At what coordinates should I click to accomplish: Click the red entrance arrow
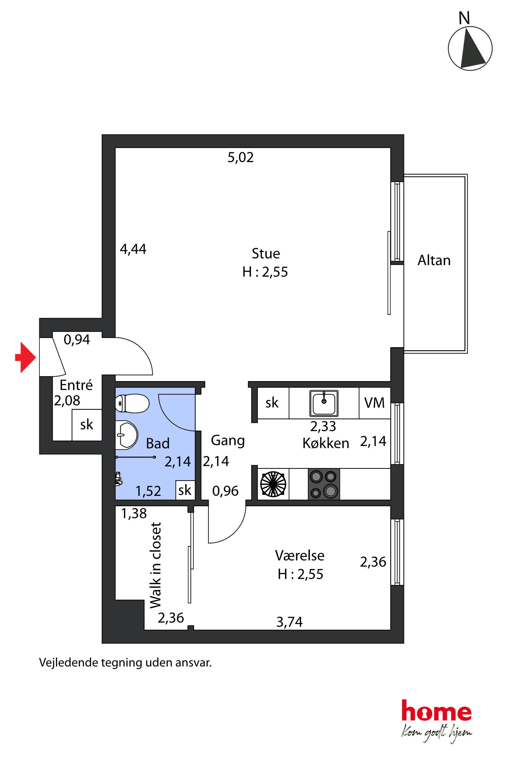[26, 357]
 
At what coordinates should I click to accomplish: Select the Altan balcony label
[434, 260]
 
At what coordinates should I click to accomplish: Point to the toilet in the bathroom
[132, 403]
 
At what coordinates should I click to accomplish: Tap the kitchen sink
[324, 403]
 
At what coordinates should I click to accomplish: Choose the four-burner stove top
[324, 484]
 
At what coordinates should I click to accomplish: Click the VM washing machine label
[374, 403]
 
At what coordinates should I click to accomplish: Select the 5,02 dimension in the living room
[241, 157]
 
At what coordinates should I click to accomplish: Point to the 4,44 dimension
[133, 249]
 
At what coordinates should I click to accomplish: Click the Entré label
[76, 385]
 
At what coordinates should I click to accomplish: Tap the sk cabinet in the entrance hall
[87, 425]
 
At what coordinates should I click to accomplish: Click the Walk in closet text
[156, 565]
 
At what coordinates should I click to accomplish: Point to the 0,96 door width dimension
[225, 491]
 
